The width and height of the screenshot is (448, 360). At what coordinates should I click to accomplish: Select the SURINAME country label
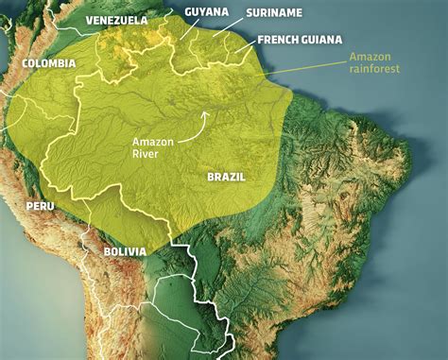tap(275, 13)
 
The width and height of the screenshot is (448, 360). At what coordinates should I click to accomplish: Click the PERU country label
tap(40, 205)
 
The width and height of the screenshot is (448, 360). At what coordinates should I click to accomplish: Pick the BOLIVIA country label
tap(118, 251)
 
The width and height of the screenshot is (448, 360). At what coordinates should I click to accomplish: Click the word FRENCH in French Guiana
tap(280, 41)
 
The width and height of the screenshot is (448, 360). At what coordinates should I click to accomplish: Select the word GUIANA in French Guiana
tap(328, 41)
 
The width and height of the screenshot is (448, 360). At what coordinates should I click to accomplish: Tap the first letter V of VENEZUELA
tap(88, 20)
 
